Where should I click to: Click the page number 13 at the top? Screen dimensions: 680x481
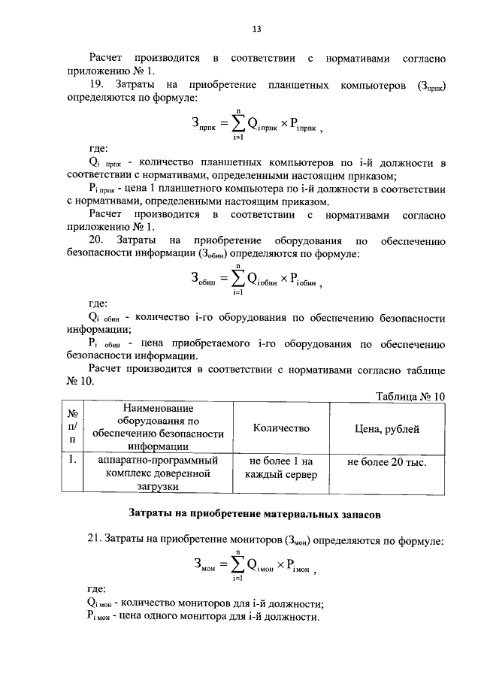pos(256,29)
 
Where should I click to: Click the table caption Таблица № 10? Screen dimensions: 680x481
pos(409,396)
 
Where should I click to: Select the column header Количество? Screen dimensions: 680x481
pos(281,428)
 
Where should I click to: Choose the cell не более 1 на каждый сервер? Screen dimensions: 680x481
pos(281,468)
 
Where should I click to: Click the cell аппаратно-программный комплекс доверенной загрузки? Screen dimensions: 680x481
pos(159,474)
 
